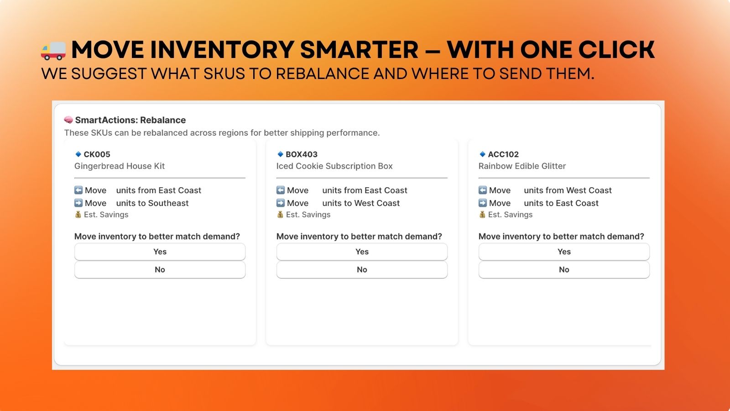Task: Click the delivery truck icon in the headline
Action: [53, 51]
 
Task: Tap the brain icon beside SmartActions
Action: [68, 120]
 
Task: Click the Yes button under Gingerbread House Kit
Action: [160, 252]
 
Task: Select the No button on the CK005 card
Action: [160, 269]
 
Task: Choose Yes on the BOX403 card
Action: [362, 252]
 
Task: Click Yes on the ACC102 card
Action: [564, 252]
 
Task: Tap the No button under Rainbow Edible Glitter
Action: [564, 269]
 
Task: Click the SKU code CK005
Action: [97, 154]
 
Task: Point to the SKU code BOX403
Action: [302, 154]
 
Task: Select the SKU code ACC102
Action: [503, 154]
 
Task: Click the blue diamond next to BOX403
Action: [280, 154]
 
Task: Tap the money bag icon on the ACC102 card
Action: [482, 214]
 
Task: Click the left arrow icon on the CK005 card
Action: [78, 190]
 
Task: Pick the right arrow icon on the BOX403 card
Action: [280, 203]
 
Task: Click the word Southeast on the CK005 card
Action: [168, 203]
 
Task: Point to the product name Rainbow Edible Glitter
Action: [522, 166]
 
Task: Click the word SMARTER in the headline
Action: [359, 50]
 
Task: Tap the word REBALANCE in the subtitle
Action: [322, 74]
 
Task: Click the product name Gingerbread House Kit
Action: [119, 166]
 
